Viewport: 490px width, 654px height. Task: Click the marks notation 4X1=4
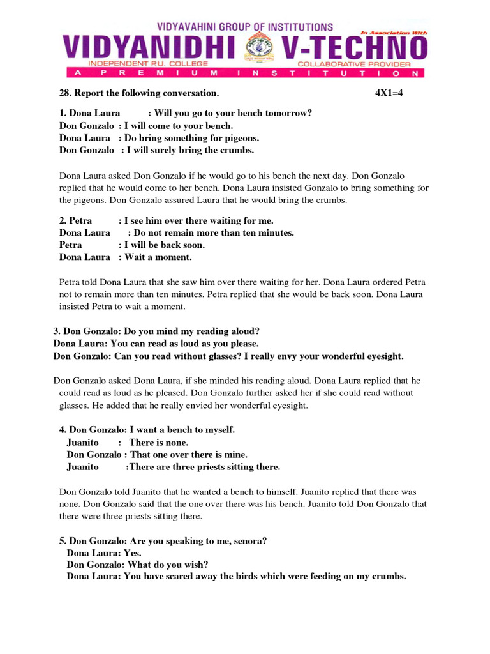coord(390,93)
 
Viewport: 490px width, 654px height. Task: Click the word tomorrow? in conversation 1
coord(292,113)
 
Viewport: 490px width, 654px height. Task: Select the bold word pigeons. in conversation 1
coord(241,138)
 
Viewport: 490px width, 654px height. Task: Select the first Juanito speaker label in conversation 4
coord(83,442)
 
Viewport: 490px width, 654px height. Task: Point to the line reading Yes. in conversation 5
coord(133,552)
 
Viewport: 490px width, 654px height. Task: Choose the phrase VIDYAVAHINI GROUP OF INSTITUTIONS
coord(245,27)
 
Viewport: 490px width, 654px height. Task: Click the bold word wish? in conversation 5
coord(196,565)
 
